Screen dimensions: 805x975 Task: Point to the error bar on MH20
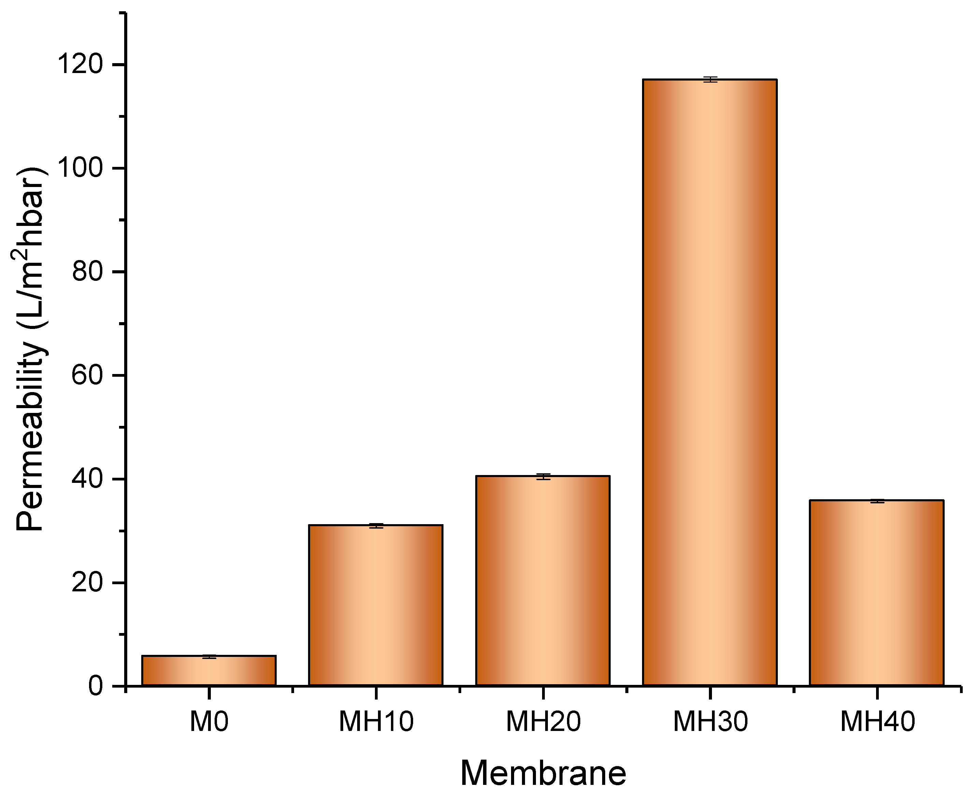543,476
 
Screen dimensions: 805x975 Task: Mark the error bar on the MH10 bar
376,526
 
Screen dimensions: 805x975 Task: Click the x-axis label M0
209,722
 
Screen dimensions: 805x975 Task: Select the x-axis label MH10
376,722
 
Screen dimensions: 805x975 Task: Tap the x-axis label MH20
543,722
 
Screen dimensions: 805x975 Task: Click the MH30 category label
710,722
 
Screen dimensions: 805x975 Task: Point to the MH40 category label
877,722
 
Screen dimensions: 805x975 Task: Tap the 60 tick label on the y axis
87,375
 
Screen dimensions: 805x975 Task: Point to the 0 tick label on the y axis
96,686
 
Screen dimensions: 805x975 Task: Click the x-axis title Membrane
543,774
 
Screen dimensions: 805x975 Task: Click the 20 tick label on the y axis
87,583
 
